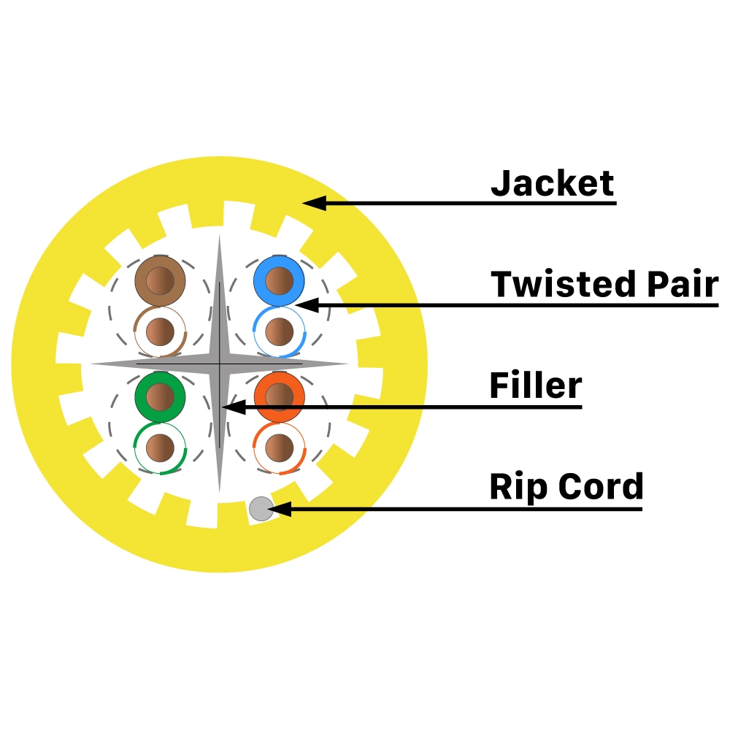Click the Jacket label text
coord(553,183)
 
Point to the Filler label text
coord(536,385)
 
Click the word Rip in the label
coord(514,487)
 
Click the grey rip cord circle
coord(261,509)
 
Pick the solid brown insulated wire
coord(161,280)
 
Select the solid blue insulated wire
coord(278,280)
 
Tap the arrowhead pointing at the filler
coord(233,407)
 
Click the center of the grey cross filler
coord(219,363)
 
